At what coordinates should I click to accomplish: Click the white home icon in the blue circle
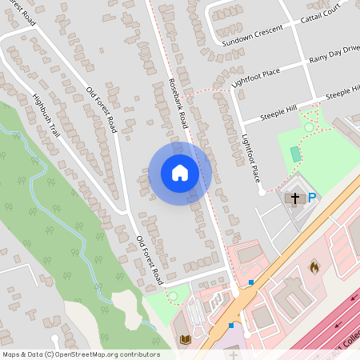point(180,173)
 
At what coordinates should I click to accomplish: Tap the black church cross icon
point(294,198)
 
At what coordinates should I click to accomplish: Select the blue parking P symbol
point(312,198)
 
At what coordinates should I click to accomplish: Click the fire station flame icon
point(314,266)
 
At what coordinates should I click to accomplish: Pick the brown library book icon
point(186,340)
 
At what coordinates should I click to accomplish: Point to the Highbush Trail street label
point(46,117)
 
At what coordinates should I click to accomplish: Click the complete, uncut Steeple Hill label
point(279,113)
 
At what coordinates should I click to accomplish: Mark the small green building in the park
point(294,154)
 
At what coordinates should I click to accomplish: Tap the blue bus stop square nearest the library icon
point(231,325)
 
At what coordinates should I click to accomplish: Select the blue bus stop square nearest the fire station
point(251,282)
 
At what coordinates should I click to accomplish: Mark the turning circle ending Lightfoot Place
point(261,192)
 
